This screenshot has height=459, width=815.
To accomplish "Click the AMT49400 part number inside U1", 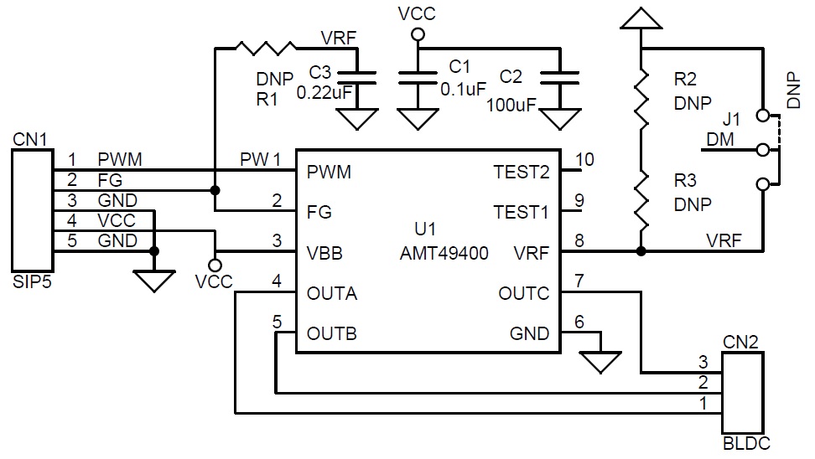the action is pos(444,253).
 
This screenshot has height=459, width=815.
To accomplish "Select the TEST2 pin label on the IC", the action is pos(522,172).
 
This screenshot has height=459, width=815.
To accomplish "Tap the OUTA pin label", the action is pos(331,293).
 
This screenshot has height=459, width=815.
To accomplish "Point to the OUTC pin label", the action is pos(523,293).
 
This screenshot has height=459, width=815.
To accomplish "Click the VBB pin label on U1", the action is pos(324,253).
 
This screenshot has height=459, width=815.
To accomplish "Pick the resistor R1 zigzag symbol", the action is pos(266,49).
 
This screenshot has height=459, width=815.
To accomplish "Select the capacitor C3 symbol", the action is pos(357,78).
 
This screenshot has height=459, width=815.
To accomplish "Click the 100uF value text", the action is pos(511,106).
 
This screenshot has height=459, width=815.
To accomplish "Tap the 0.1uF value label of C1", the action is pos(463,90).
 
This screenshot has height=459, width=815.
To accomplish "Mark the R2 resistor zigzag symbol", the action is pos(642,98).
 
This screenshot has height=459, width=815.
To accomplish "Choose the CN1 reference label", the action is pos(30,139).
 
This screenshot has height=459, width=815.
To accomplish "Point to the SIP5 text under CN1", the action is pos(32,282).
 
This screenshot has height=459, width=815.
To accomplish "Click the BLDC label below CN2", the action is pos(746,443).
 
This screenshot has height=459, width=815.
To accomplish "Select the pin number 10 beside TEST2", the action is pos(584,159).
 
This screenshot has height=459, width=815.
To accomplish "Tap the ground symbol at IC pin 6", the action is pos(600,363).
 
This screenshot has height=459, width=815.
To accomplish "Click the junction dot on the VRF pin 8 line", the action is pos(641,251).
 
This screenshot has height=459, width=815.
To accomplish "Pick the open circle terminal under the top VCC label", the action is pos(418,35).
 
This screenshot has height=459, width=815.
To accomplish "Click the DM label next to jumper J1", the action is pos(720,139).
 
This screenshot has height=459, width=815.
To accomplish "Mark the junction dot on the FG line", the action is pos(215,191).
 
